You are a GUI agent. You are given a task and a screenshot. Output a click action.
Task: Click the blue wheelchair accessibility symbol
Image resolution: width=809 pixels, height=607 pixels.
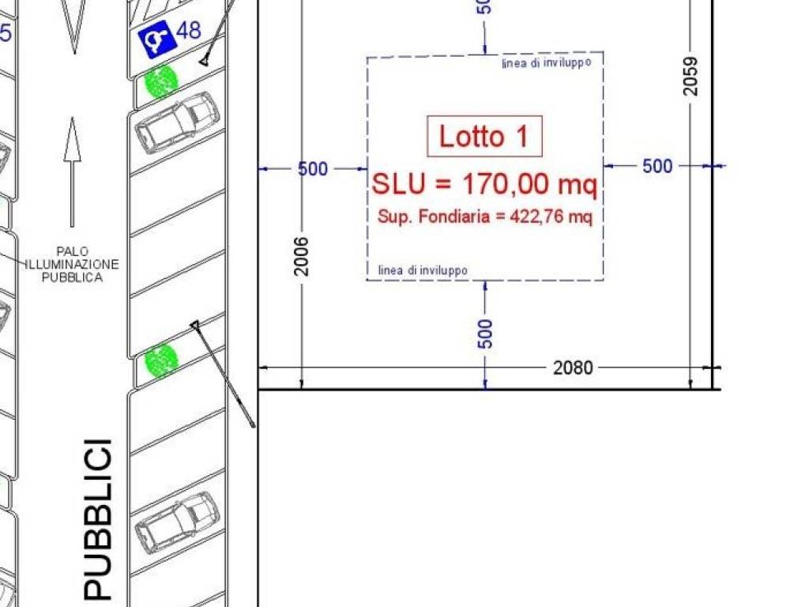click(157, 40)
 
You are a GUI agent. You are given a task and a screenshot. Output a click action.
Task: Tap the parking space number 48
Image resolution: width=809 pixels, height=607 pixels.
click(188, 30)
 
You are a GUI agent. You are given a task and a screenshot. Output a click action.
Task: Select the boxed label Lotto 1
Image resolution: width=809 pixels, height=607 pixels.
click(484, 136)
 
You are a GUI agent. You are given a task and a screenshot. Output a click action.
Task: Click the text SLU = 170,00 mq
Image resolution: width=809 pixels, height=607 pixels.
click(484, 183)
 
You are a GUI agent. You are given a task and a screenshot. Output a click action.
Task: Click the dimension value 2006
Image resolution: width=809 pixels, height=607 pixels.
click(301, 257)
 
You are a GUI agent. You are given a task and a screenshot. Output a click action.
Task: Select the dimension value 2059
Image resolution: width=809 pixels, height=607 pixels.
click(690, 76)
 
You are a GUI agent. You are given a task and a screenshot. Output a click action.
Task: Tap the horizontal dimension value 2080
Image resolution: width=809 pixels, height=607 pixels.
click(573, 368)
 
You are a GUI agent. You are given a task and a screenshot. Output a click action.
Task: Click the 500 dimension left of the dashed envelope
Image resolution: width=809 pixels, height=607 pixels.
click(313, 169)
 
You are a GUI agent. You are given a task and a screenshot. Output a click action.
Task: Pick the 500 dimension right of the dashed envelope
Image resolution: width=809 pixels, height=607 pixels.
click(657, 166)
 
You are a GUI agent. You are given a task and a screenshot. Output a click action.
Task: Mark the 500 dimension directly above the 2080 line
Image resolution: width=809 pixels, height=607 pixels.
click(485, 334)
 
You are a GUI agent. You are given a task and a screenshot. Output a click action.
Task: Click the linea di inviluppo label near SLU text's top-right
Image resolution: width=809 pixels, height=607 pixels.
click(547, 63)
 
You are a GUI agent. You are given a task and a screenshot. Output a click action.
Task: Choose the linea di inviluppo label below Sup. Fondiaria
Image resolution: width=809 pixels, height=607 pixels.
click(423, 270)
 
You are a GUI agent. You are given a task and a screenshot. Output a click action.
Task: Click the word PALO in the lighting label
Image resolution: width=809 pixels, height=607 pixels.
click(72, 252)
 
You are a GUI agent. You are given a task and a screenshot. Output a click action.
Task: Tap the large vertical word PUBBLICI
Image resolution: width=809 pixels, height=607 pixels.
click(97, 518)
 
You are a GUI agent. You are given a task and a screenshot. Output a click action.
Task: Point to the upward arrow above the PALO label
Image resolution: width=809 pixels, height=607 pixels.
click(72, 172)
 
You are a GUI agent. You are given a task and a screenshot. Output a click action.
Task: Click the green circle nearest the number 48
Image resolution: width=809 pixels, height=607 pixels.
click(160, 81)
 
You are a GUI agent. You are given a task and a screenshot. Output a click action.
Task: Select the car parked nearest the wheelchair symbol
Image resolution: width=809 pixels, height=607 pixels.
click(177, 123)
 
